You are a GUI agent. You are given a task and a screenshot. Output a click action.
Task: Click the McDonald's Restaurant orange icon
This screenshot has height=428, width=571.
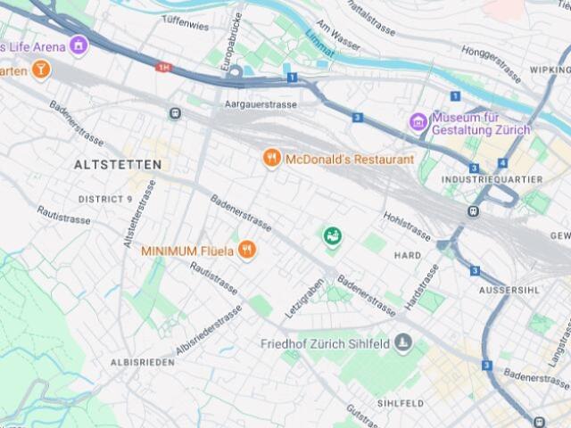pyautogui.click(x=272, y=159)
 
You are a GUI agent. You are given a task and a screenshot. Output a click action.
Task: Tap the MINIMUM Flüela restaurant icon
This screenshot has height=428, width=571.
pyautogui.click(x=247, y=251)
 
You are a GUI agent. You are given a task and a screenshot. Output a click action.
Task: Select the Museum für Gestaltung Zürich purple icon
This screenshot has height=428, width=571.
pyautogui.click(x=418, y=120)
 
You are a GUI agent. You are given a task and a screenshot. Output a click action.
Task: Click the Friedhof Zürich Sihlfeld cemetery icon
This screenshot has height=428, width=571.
pyautogui.click(x=404, y=342)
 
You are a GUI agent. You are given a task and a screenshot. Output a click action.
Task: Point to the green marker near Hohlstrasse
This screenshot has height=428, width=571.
pyautogui.click(x=332, y=236)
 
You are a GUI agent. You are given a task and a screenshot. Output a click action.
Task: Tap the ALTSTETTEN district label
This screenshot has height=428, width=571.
pyautogui.click(x=118, y=165)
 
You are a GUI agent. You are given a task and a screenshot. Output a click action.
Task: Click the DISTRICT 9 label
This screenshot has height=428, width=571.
pyautogui.click(x=105, y=199)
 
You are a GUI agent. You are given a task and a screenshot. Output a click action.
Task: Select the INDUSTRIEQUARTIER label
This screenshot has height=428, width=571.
pyautogui.click(x=492, y=179)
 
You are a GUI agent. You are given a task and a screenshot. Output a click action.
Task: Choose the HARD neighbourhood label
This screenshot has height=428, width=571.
pyautogui.click(x=408, y=255)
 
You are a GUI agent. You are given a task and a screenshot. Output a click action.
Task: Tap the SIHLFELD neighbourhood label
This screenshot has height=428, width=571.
pyautogui.click(x=400, y=403)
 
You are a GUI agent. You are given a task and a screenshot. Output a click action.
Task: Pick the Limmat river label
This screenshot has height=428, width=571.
pyautogui.click(x=319, y=43)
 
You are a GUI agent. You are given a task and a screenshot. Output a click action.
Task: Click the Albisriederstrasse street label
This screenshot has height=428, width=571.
pyautogui.click(x=209, y=330)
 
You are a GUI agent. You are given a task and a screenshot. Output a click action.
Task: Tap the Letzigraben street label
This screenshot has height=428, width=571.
pyautogui.click(x=303, y=303)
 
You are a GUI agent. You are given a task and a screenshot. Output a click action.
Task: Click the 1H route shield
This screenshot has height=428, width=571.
pyautogui.click(x=163, y=67)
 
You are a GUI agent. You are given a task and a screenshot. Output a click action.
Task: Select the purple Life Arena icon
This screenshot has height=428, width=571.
pyautogui.click(x=79, y=45)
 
